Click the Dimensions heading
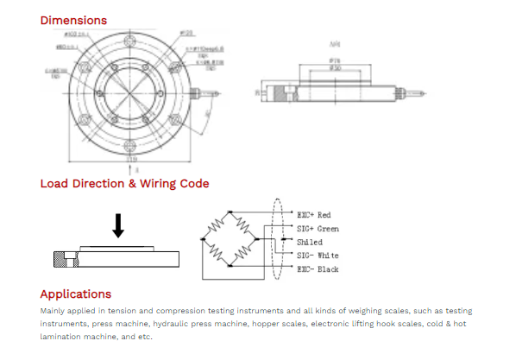(x=73, y=20)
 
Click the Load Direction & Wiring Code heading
(x=124, y=183)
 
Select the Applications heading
(x=76, y=294)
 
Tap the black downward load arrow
(x=119, y=224)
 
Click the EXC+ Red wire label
(x=313, y=214)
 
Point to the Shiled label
(x=309, y=242)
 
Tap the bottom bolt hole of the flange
(x=131, y=143)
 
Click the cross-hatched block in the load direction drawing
(x=61, y=256)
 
